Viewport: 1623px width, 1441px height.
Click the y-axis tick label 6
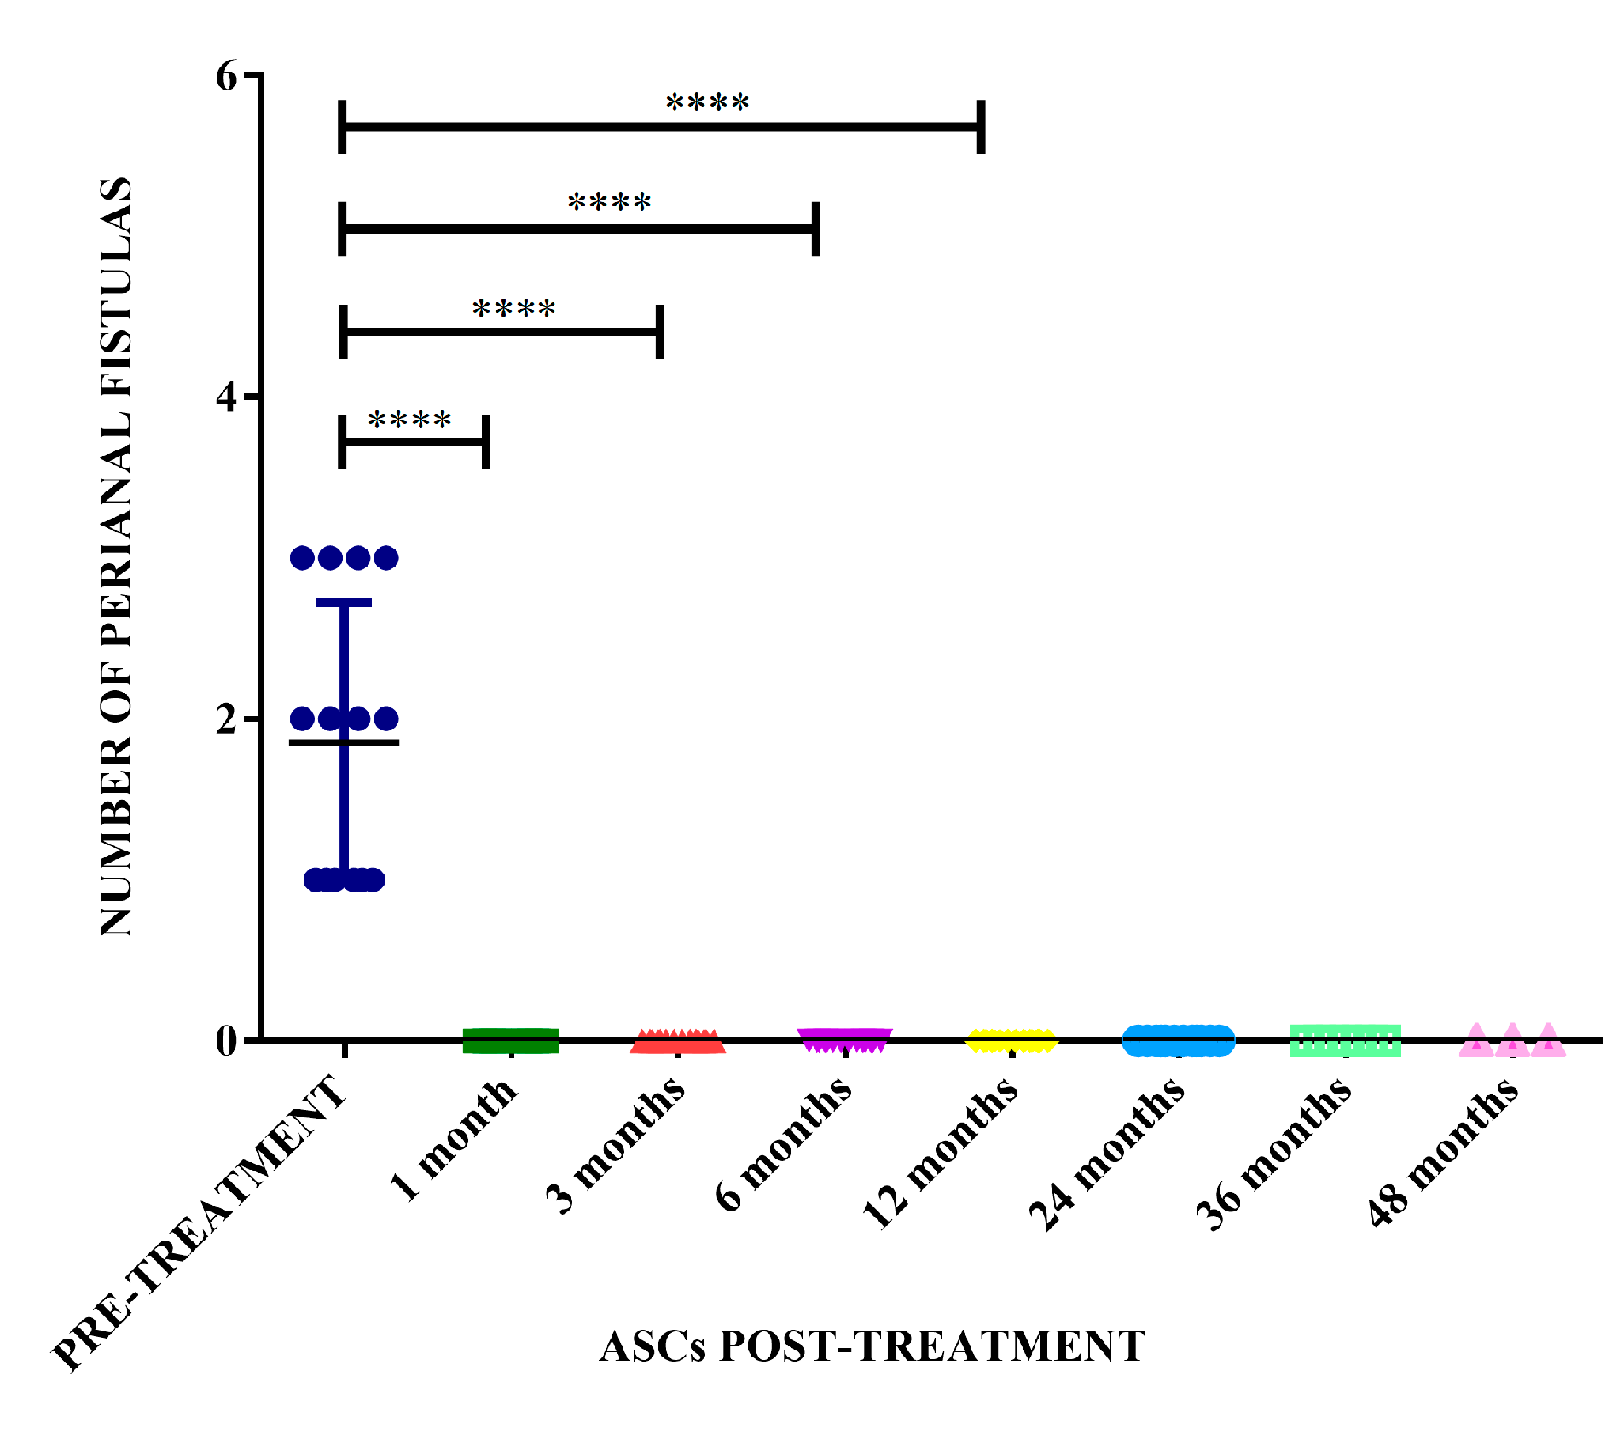pos(227,77)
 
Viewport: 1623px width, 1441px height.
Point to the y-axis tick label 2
pos(226,720)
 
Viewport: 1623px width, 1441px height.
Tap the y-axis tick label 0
pos(226,1042)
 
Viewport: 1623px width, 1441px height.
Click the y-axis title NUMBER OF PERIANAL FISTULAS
pos(117,557)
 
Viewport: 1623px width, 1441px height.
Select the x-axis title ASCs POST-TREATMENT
pos(872,1347)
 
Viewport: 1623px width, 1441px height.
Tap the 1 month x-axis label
pos(455,1140)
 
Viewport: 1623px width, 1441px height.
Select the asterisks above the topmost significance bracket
pos(707,104)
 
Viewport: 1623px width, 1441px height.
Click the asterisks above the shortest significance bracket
pos(409,421)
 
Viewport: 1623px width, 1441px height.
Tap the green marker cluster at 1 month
pos(510,1041)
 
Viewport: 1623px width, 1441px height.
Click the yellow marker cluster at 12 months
pos(1011,1041)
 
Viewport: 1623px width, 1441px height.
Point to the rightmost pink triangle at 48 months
pos(1547,1042)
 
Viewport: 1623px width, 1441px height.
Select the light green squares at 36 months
pos(1345,1041)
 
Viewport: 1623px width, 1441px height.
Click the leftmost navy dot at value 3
pos(303,558)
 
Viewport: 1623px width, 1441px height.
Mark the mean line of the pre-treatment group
pos(344,742)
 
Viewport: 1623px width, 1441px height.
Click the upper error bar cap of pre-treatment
pos(344,603)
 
